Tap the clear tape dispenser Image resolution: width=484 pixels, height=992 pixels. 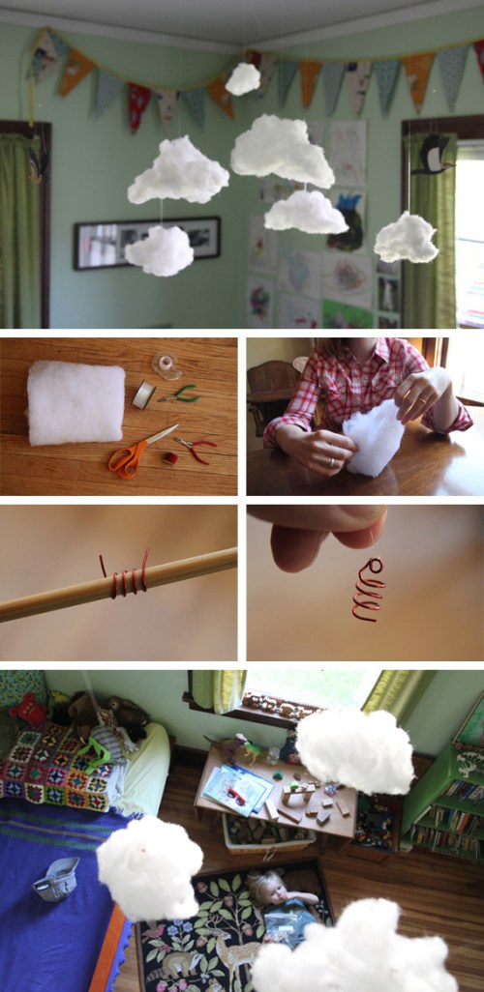tap(166, 365)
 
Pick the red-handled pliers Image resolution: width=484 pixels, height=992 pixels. tap(197, 448)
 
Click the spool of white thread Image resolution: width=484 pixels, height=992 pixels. tap(144, 393)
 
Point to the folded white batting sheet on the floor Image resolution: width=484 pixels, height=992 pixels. tap(76, 402)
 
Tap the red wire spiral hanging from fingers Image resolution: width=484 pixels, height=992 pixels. tap(368, 590)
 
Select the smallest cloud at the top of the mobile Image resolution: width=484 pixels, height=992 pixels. tap(243, 78)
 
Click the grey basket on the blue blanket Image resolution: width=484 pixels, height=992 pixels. tap(56, 878)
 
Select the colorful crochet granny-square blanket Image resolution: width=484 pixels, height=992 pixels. tap(58, 769)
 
